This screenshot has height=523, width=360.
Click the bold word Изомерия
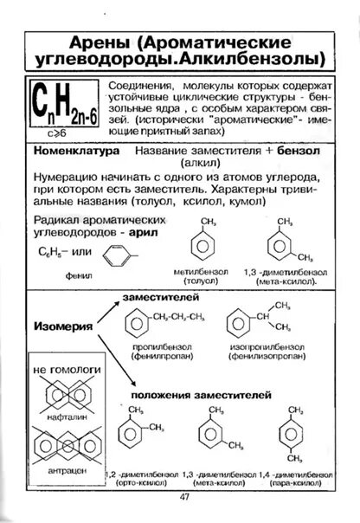(x=63, y=327)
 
